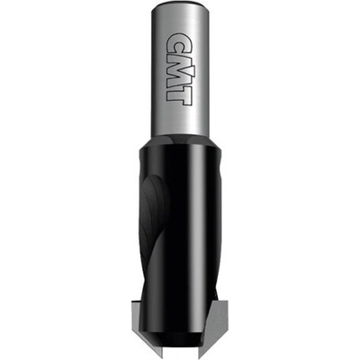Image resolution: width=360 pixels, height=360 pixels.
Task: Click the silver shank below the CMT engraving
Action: tap(179, 121)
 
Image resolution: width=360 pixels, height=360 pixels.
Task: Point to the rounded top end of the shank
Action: tap(180, 7)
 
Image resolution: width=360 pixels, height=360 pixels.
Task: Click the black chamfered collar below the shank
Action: tap(180, 142)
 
